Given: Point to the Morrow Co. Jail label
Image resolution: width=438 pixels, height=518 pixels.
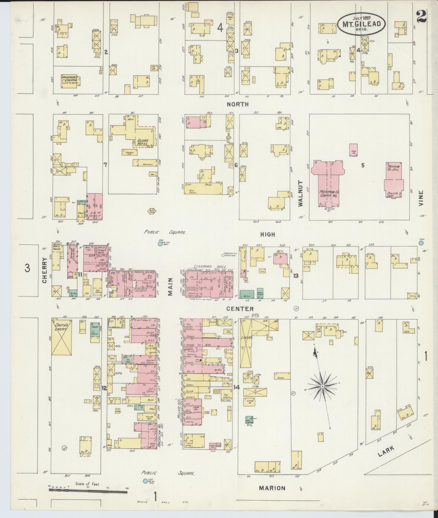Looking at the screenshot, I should click(x=394, y=168).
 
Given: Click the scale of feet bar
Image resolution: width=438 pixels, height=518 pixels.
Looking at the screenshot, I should click(x=88, y=490).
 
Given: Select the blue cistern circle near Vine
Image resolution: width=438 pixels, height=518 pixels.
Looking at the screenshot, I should click(x=421, y=243).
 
